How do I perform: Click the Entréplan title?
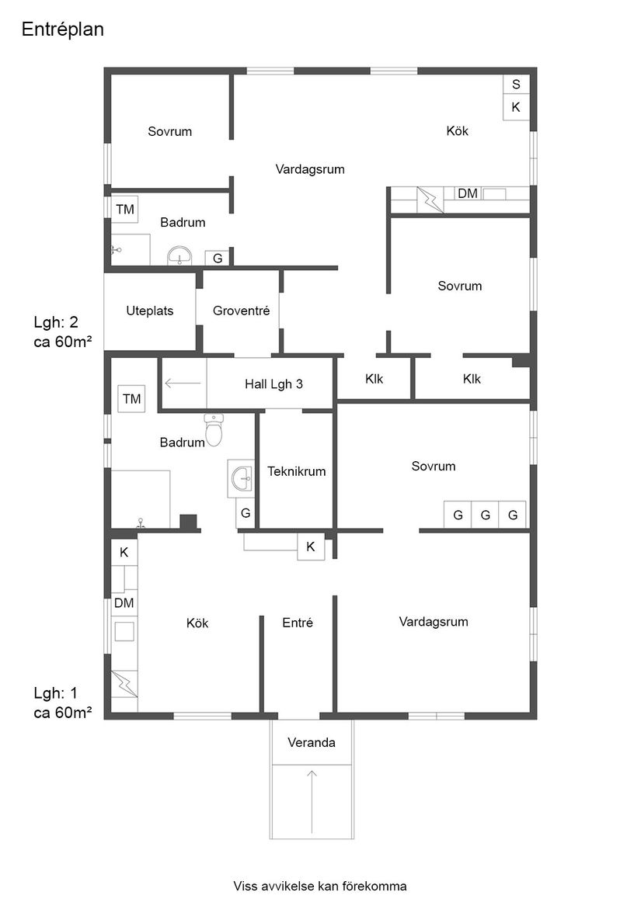[63, 30]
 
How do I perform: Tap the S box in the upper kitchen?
[515, 85]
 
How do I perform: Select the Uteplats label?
[150, 311]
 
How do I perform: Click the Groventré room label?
[241, 311]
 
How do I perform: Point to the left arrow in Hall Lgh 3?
[183, 382]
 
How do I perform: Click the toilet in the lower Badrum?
[214, 430]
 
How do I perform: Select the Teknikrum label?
[296, 471]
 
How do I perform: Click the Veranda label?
[312, 743]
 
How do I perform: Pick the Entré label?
[298, 623]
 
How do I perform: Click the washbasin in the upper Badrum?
[180, 255]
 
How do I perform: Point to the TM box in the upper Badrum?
[125, 209]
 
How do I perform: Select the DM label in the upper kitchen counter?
[468, 193]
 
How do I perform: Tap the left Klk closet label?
[374, 379]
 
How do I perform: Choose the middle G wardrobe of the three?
[485, 515]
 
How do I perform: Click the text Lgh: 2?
[56, 322]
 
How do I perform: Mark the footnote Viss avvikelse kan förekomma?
[320, 886]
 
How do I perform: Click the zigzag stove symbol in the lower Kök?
[124, 683]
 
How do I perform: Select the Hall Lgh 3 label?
[273, 383]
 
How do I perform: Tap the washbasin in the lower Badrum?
[242, 478]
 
